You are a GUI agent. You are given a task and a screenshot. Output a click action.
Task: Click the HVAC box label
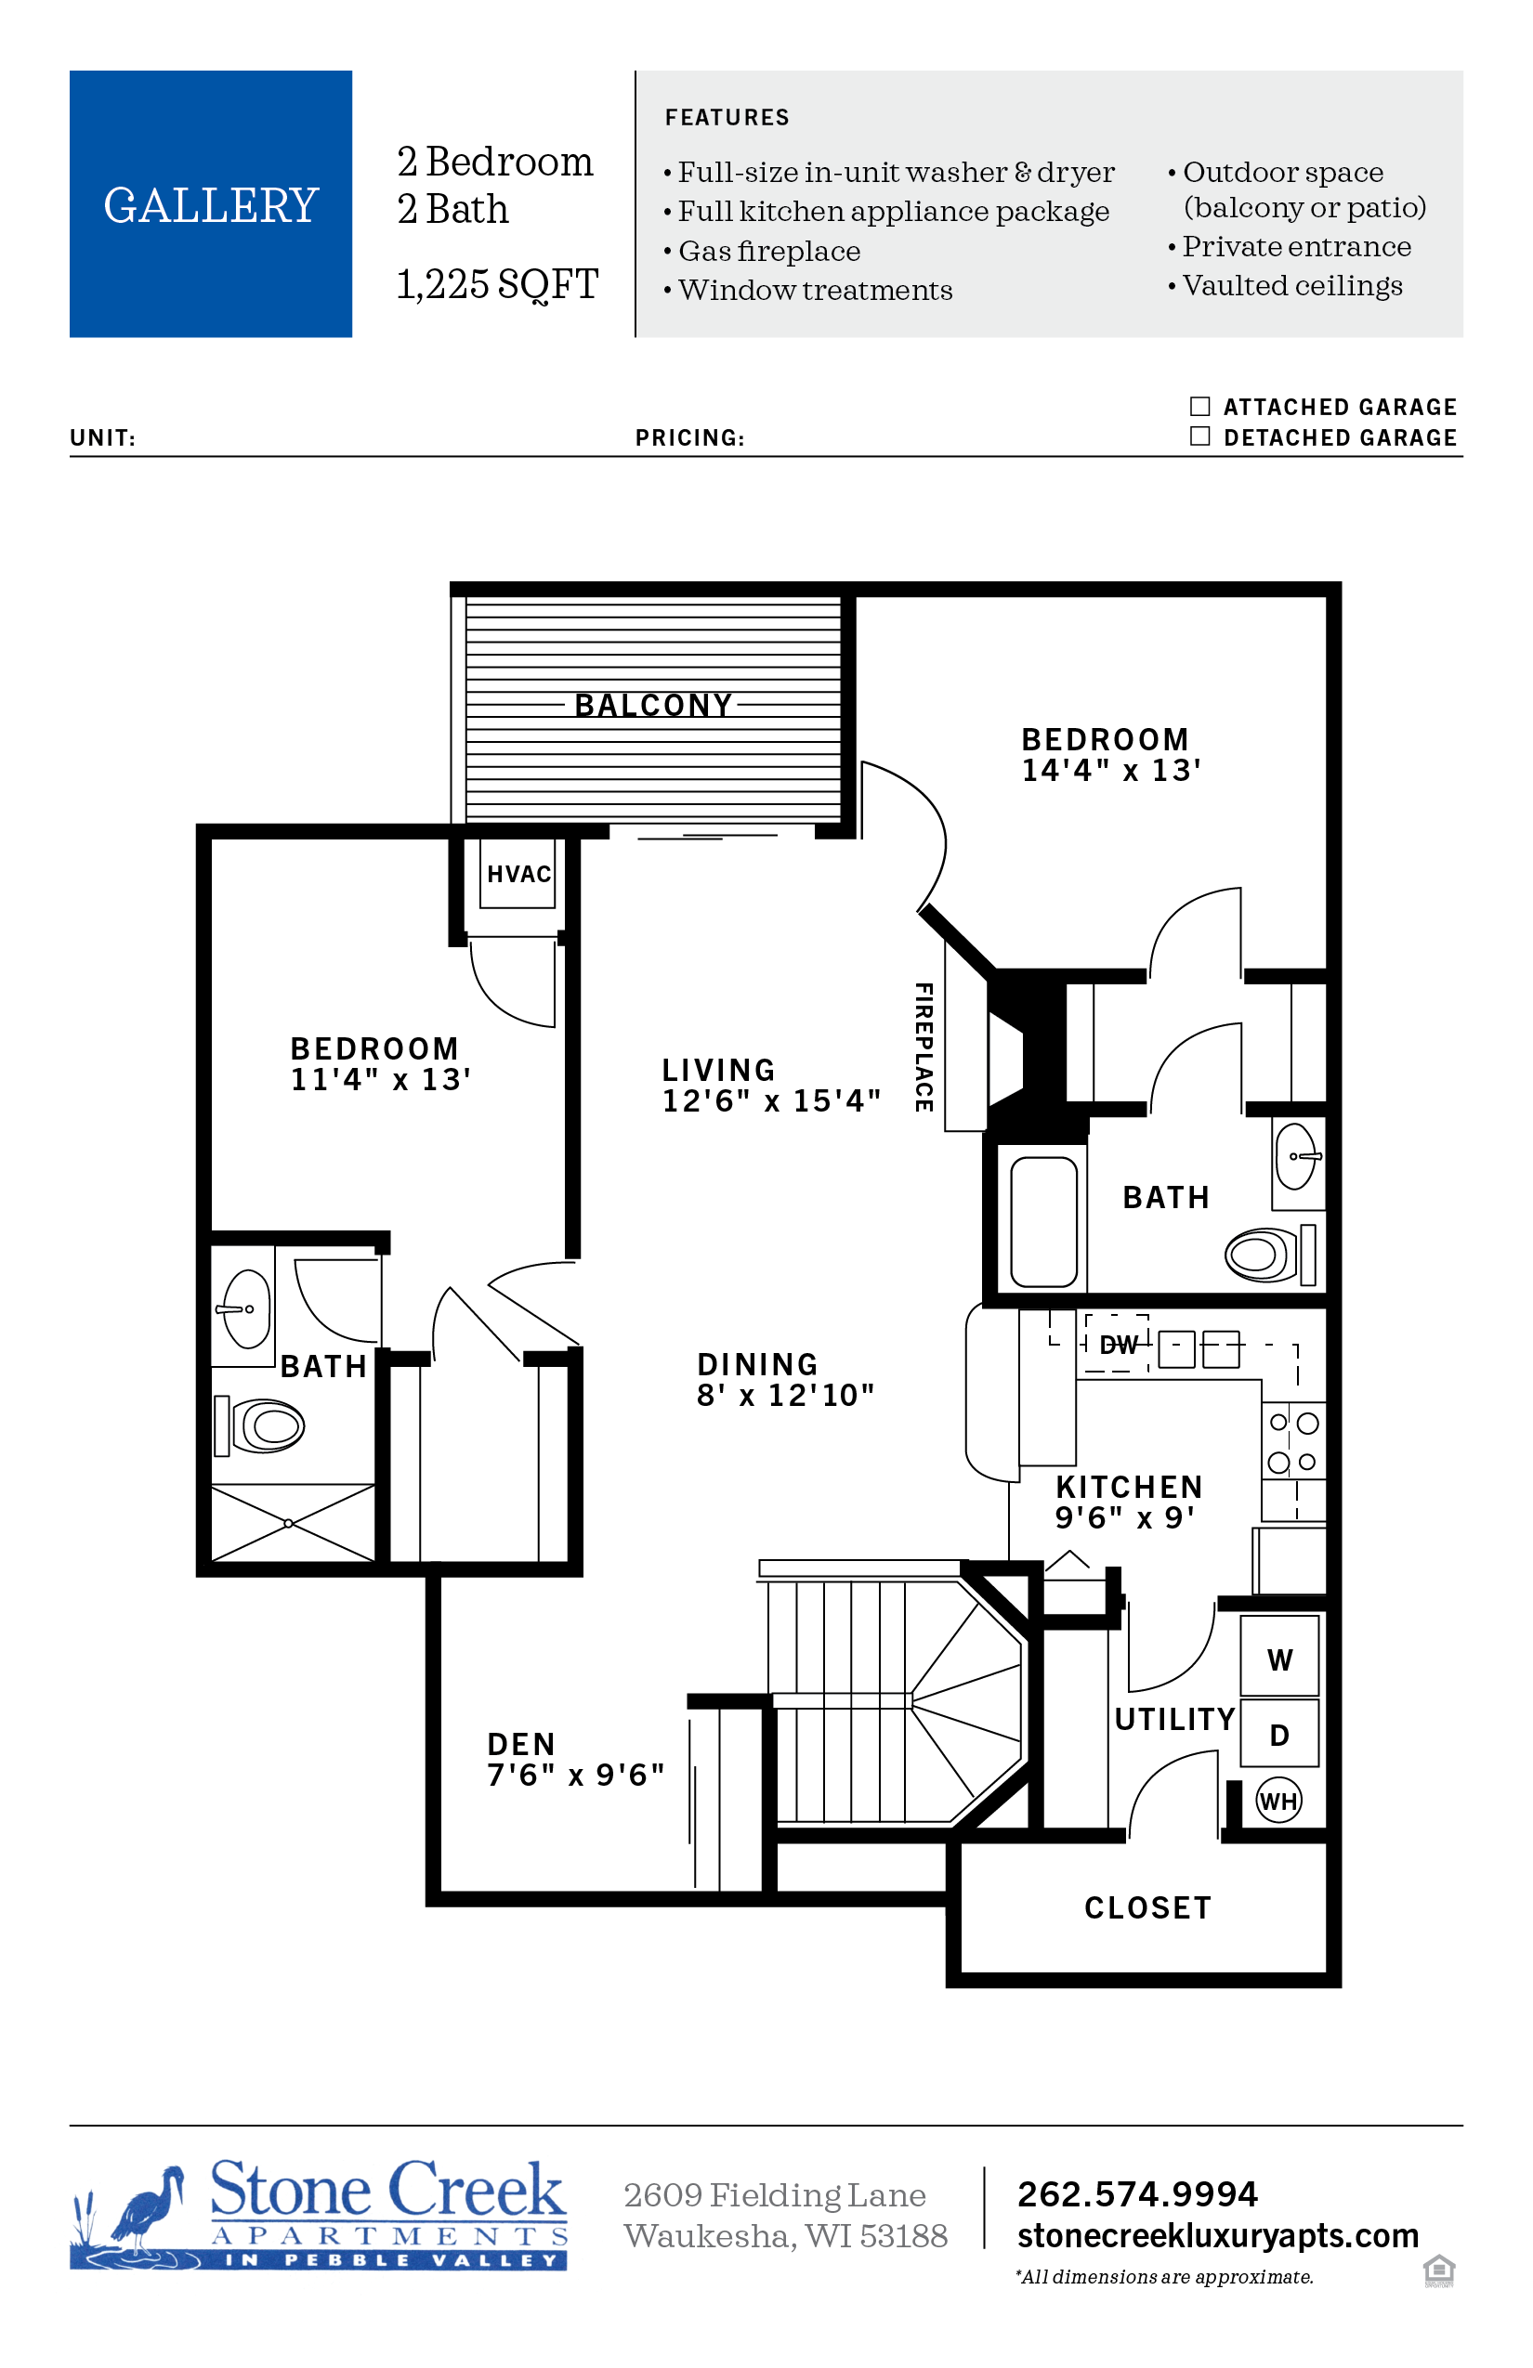[518, 874]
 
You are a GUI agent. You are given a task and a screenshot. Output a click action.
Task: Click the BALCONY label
[653, 706]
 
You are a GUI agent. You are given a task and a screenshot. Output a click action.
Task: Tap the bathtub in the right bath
[1043, 1222]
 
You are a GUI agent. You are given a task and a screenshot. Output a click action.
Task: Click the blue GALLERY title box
[211, 204]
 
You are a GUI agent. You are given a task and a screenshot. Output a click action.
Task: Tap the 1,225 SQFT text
[497, 284]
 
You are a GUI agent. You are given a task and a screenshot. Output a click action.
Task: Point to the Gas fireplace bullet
[762, 251]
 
